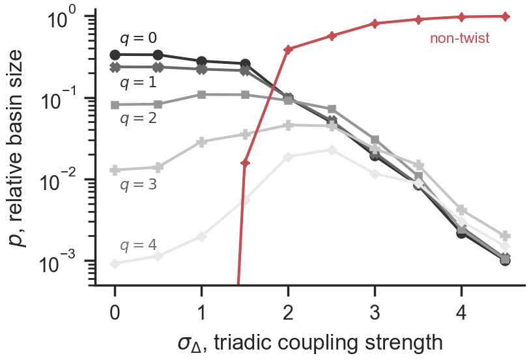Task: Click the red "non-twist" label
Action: tap(459, 39)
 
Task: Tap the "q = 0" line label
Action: tap(138, 38)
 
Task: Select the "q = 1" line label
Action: tap(138, 83)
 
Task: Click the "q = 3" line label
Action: tap(138, 184)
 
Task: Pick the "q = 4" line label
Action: tap(138, 245)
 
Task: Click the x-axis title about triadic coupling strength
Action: tap(310, 342)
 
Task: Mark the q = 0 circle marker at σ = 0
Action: tap(115, 55)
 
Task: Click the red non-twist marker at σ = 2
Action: tap(288, 49)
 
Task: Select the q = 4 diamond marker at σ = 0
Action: tap(115, 264)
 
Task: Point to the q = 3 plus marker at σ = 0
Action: tap(115, 170)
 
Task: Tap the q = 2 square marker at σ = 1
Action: tap(201, 94)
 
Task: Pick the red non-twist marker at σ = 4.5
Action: tap(505, 16)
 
